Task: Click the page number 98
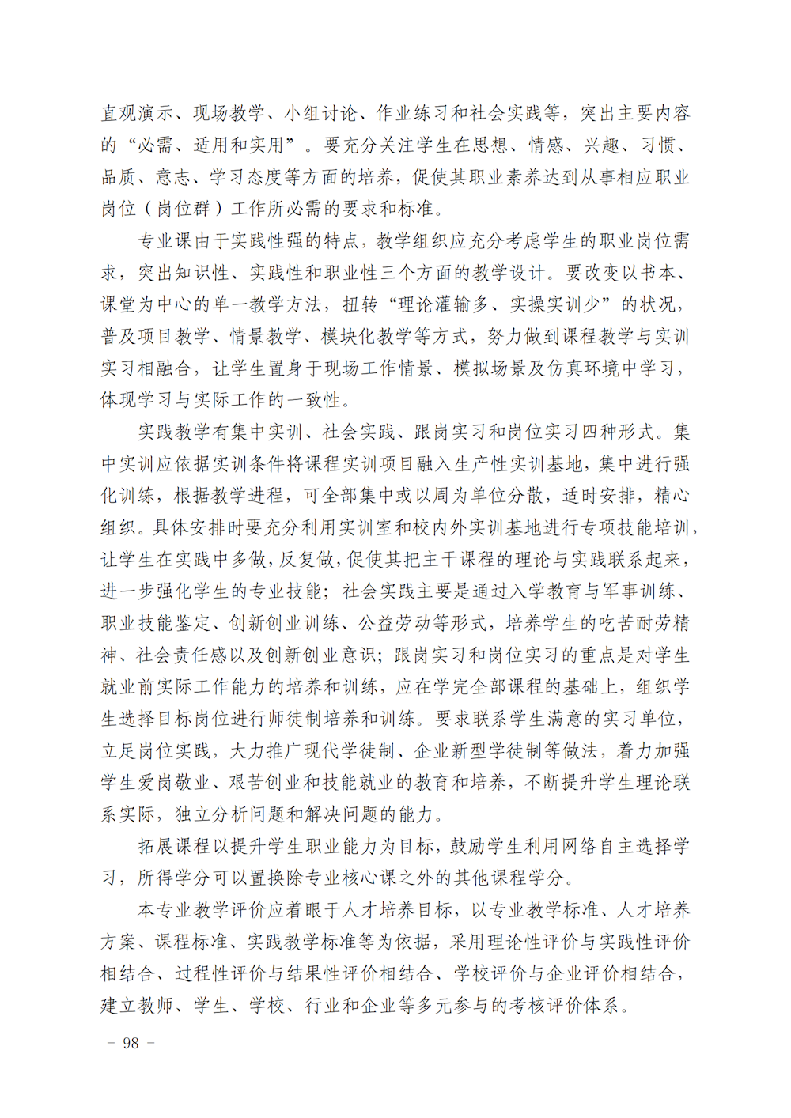tap(131, 1044)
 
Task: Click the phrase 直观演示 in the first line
tap(137, 114)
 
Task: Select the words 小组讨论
tap(320, 114)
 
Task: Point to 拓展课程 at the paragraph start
tap(174, 846)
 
